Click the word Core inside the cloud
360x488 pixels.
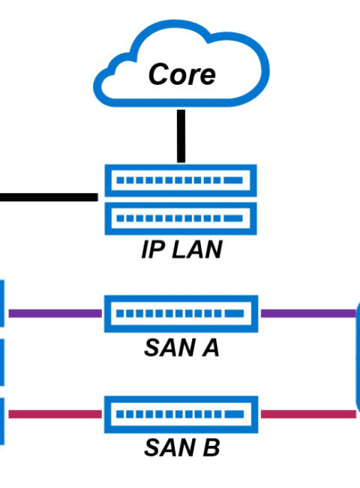[x=181, y=74]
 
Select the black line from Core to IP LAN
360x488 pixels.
[x=181, y=136]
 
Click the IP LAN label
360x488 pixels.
[x=181, y=249]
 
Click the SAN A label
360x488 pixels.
[x=181, y=348]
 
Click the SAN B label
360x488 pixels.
[x=181, y=447]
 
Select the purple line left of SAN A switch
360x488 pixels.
[x=55, y=313]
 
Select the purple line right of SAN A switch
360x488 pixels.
[x=308, y=313]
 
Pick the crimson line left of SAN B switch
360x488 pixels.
[x=55, y=414]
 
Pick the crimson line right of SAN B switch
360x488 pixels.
[x=308, y=414]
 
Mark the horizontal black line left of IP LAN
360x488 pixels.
[x=49, y=197]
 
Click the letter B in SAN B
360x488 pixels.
[x=211, y=447]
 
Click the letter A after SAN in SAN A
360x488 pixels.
[x=211, y=348]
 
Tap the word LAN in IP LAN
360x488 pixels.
[x=197, y=249]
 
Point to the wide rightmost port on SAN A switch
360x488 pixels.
[x=234, y=314]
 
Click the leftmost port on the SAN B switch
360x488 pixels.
[x=120, y=414]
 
